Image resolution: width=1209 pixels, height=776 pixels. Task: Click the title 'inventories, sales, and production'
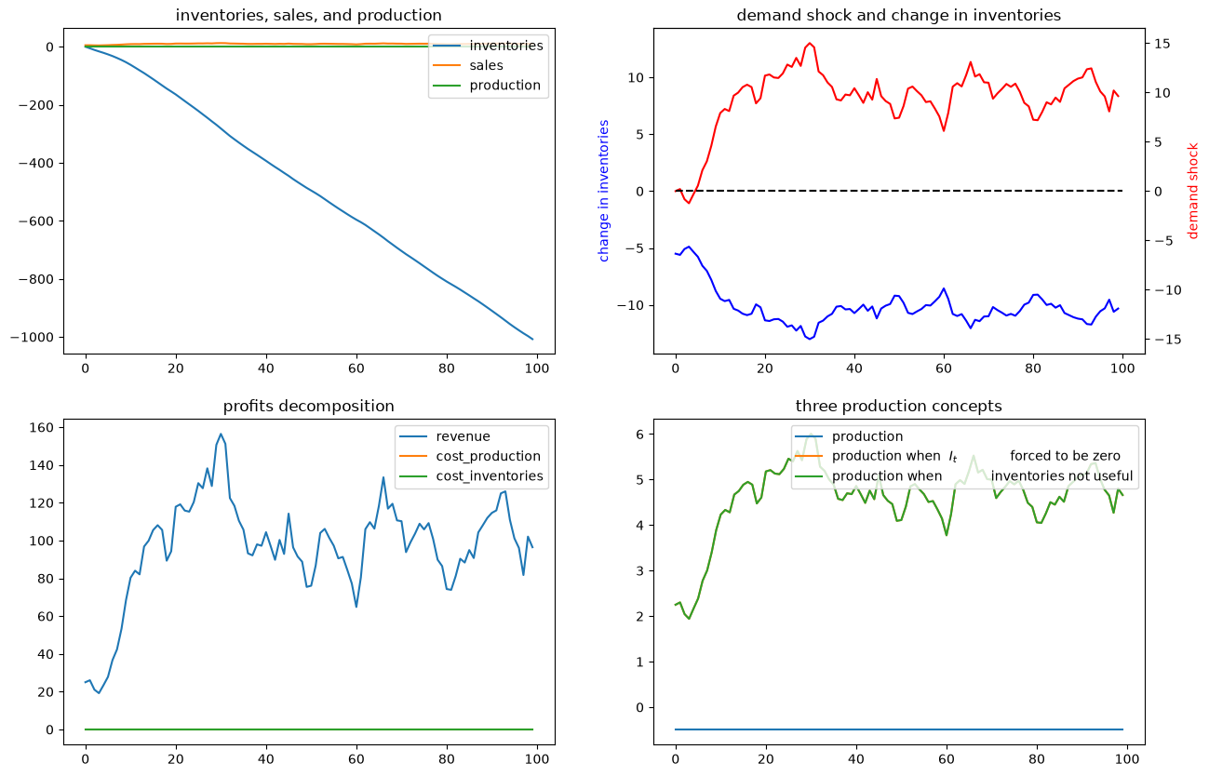308,15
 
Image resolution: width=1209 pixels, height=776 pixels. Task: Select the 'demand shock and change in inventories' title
899,15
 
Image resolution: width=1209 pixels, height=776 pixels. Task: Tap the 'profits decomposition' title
308,406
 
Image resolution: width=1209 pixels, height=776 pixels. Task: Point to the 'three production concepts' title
899,406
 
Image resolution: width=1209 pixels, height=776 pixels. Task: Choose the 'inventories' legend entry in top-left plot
488,46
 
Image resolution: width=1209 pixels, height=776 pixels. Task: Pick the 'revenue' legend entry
445,436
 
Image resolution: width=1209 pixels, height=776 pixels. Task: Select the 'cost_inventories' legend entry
471,476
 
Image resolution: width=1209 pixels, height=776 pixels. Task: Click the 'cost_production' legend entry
470,456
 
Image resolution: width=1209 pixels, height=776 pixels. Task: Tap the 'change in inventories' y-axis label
603,191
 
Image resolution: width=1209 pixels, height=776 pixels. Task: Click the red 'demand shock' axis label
1193,191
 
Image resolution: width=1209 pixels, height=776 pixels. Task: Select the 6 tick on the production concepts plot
640,435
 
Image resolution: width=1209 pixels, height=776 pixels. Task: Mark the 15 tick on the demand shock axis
1162,43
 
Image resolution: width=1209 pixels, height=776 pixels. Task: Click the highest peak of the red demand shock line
810,43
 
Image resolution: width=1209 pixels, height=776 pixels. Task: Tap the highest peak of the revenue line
221,434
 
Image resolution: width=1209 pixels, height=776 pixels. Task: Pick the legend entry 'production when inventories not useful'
964,476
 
